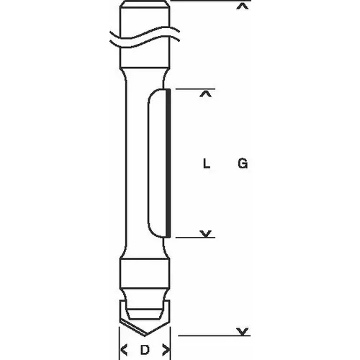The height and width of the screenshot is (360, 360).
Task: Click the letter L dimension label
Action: tap(207, 164)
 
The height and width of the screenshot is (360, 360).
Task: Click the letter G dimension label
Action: tap(243, 164)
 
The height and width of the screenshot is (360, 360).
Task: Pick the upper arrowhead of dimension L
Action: tap(207, 94)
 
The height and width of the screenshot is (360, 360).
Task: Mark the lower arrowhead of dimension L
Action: tap(207, 233)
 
